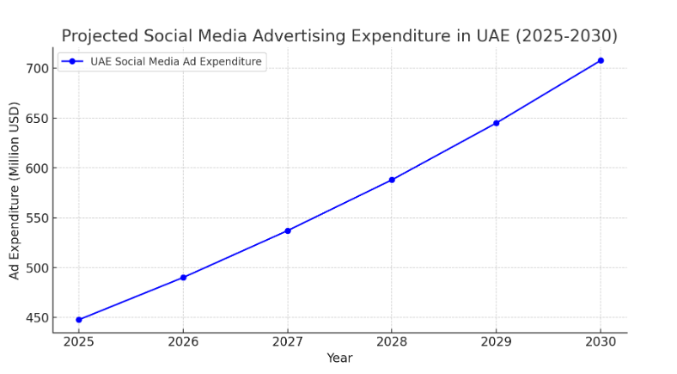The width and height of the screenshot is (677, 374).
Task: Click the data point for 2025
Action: click(x=79, y=320)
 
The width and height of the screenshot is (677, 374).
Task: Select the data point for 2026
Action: click(x=183, y=278)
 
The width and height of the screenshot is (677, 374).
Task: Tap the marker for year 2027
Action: click(x=288, y=230)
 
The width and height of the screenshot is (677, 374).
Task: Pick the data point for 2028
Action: click(x=392, y=180)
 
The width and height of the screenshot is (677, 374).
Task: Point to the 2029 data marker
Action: click(x=496, y=123)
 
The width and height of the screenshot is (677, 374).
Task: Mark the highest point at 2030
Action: click(x=601, y=60)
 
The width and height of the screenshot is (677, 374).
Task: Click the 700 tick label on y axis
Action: click(x=35, y=68)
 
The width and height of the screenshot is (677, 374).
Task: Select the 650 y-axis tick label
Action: click(x=35, y=118)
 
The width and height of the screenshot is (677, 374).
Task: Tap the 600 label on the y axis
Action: click(x=35, y=169)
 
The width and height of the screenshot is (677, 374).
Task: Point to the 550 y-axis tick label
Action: click(x=35, y=218)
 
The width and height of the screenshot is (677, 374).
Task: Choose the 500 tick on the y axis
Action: click(x=35, y=268)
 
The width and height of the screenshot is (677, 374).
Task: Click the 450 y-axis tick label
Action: click(x=35, y=318)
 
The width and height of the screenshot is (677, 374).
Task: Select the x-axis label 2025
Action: click(x=79, y=342)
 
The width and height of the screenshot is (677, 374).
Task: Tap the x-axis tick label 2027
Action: click(x=288, y=342)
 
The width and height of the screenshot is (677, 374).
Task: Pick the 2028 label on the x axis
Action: click(x=392, y=342)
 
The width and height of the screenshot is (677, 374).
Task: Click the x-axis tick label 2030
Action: click(x=601, y=342)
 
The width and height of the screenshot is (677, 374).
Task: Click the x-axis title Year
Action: click(x=339, y=359)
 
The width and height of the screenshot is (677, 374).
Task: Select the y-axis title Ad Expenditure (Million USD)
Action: click(x=15, y=190)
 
